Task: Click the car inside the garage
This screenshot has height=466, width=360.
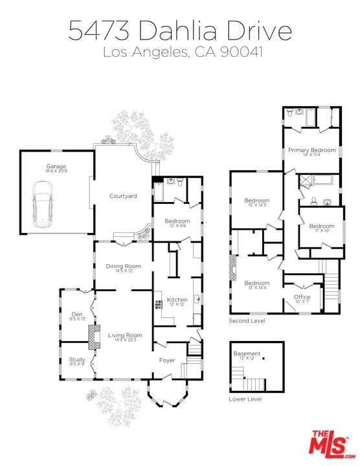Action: [x=43, y=205]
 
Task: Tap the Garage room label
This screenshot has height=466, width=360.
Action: [x=56, y=166]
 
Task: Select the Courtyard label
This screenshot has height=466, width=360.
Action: [x=122, y=196]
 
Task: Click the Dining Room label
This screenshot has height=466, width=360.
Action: [x=123, y=266]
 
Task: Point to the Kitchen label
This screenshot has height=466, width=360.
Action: [x=177, y=300]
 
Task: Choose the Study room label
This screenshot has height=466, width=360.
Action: [x=77, y=359]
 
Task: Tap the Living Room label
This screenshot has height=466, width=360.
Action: [x=125, y=335]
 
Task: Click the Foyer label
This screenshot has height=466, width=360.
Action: [x=167, y=360]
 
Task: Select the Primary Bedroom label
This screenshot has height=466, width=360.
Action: [x=312, y=150]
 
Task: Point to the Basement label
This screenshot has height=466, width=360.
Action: [x=247, y=353]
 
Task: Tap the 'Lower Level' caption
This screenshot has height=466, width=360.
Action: [x=245, y=399]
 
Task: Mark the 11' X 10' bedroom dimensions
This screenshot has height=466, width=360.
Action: [x=322, y=230]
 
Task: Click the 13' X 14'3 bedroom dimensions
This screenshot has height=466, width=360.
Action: [x=257, y=205]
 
